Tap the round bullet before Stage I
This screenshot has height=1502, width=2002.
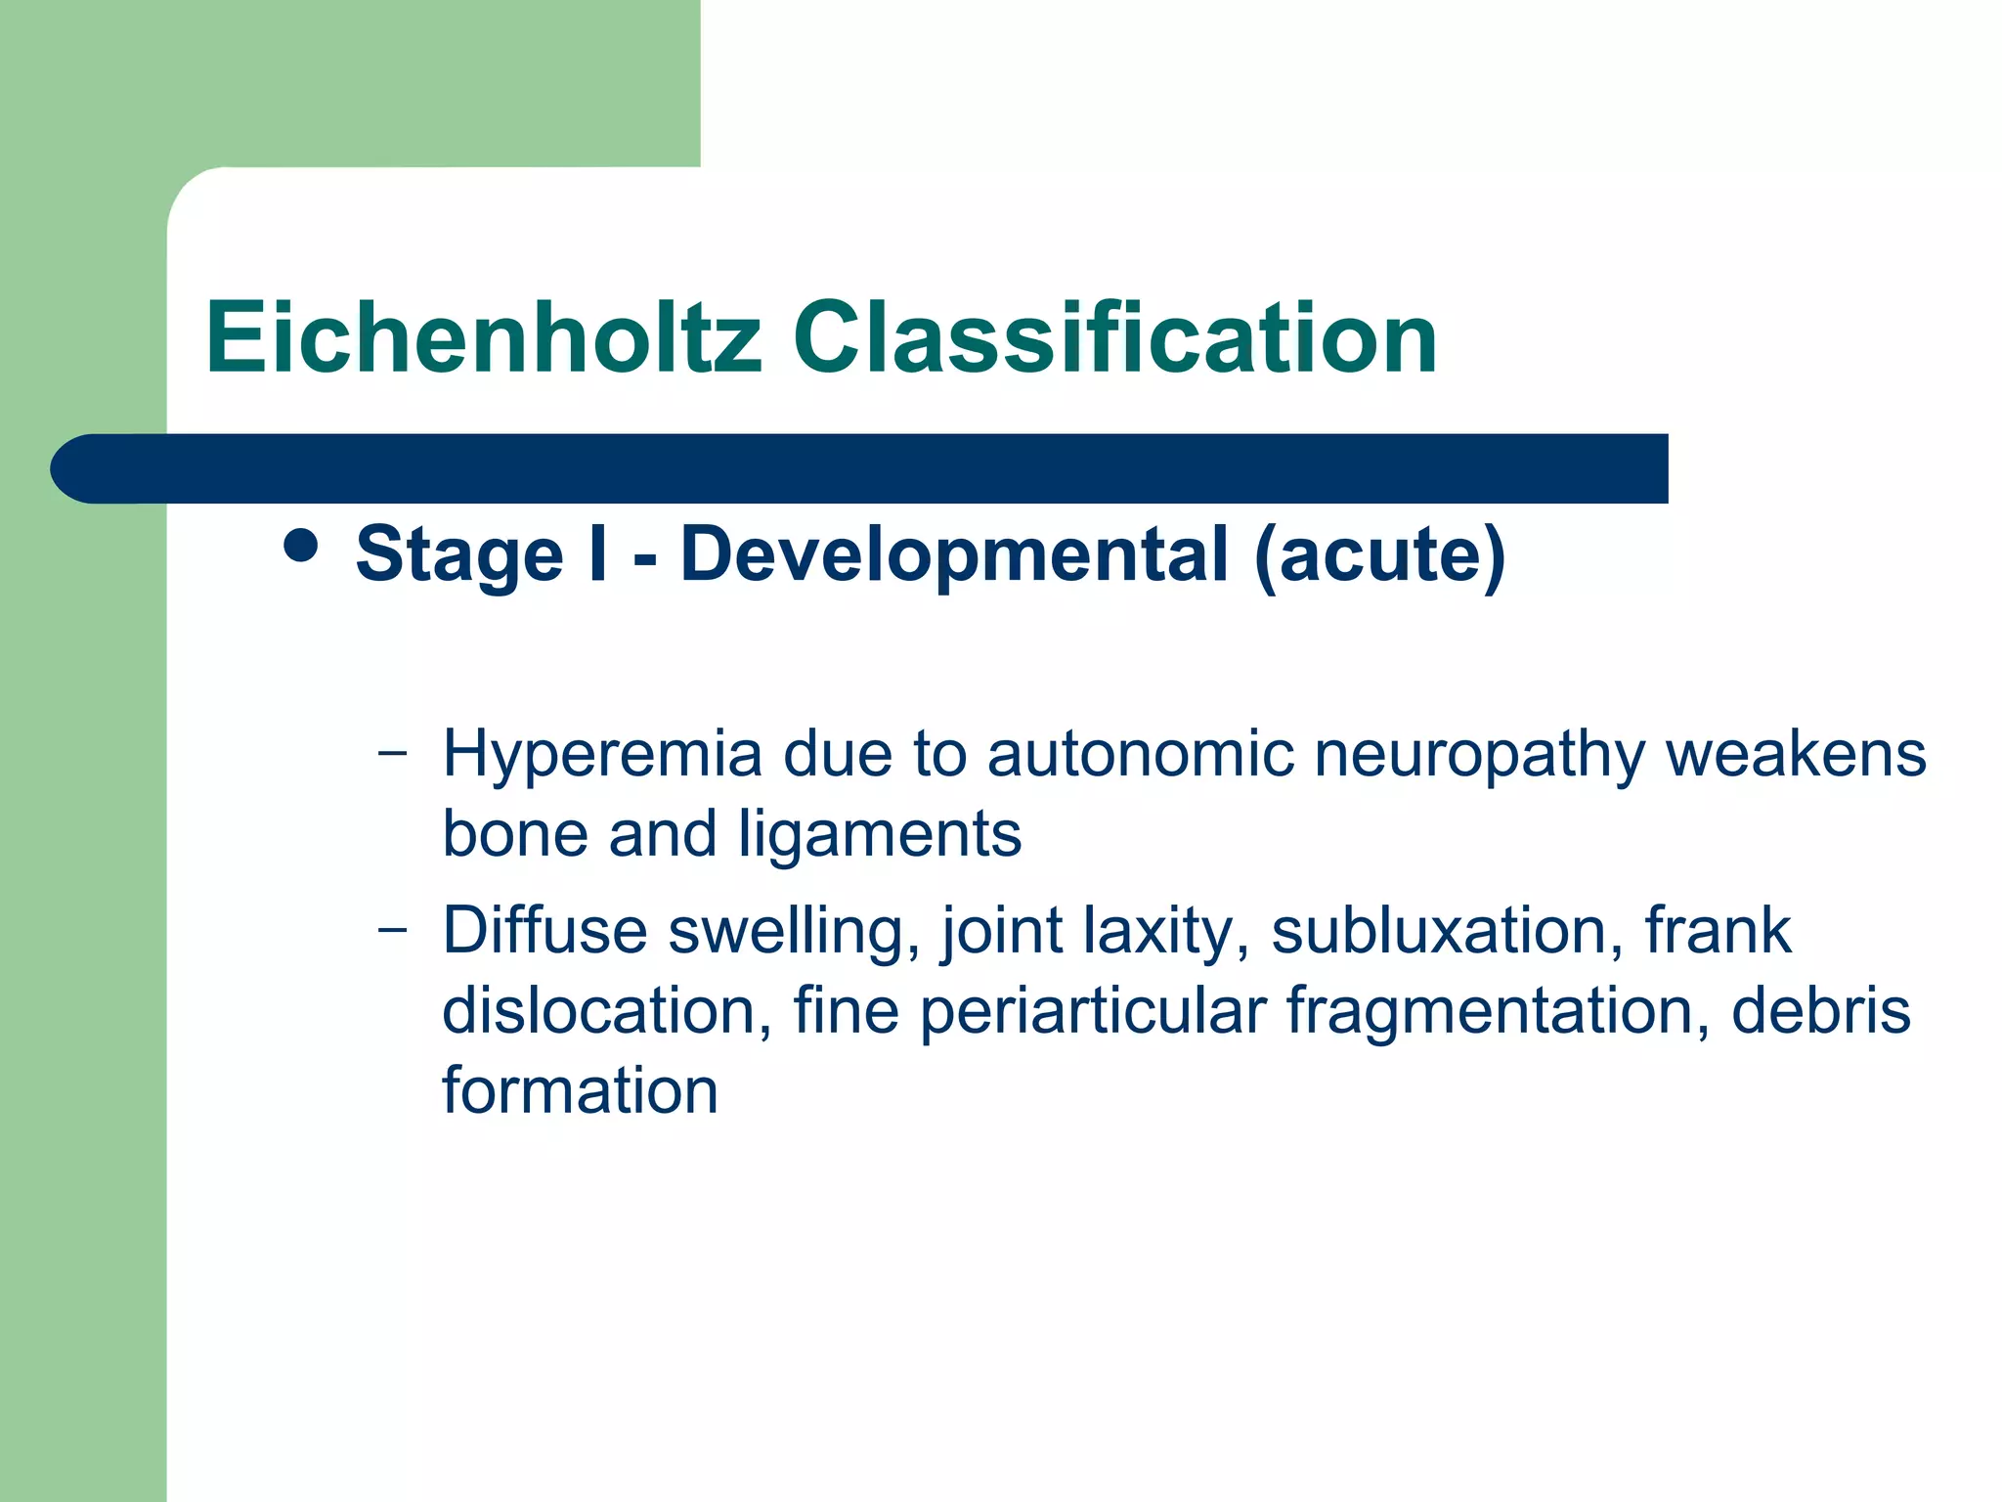click(x=300, y=547)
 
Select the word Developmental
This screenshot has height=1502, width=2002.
click(x=953, y=554)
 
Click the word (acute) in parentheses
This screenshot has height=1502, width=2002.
click(x=1379, y=554)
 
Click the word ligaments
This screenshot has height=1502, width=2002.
click(x=879, y=834)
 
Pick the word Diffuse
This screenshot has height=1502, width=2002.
click(x=544, y=930)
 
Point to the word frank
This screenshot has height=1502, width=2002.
click(x=1718, y=930)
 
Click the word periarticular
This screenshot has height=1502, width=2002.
click(x=1093, y=1010)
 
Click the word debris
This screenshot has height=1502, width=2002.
click(x=1820, y=1010)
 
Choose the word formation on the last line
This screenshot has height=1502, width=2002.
click(x=580, y=1090)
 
